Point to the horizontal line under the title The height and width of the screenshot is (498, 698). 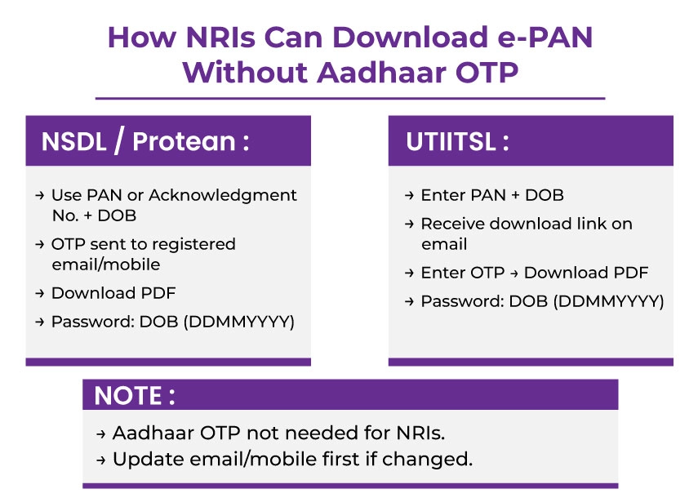point(349,98)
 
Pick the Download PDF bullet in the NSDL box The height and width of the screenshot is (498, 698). point(113,293)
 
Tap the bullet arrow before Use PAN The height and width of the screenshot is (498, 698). point(39,196)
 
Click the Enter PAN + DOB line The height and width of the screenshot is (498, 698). point(491,195)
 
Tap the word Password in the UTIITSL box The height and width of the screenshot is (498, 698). point(460,301)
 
